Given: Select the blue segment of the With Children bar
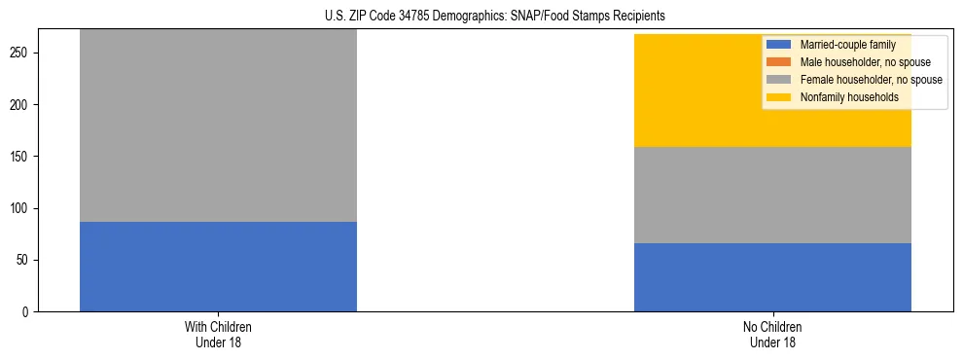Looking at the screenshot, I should (x=218, y=267).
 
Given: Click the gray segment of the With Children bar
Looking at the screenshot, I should (x=218, y=126).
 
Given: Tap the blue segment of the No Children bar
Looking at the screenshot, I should (x=772, y=277).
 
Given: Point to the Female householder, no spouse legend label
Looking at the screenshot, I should (x=871, y=80).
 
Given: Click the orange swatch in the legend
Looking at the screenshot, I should (x=779, y=62).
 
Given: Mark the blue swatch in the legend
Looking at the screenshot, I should (x=779, y=45).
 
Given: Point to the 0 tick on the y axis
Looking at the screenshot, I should (x=28, y=312).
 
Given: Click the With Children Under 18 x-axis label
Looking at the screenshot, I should (x=218, y=335).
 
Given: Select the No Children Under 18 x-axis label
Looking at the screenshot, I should (x=772, y=335).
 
